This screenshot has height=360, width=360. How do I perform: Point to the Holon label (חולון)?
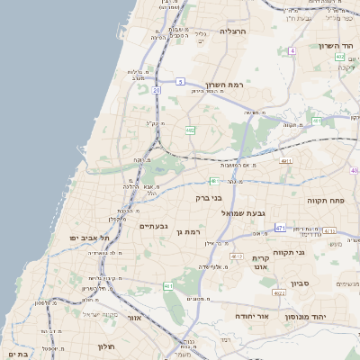click(x=102, y=346)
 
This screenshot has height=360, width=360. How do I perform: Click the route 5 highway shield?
click(x=181, y=82)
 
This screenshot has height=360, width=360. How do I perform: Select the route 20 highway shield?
click(x=157, y=90)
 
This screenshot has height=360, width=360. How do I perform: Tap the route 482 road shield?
click(x=190, y=130)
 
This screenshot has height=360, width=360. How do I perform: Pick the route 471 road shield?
click(x=280, y=228)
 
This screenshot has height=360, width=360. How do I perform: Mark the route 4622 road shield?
click(x=279, y=292)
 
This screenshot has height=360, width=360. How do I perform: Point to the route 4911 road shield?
click(x=286, y=161)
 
